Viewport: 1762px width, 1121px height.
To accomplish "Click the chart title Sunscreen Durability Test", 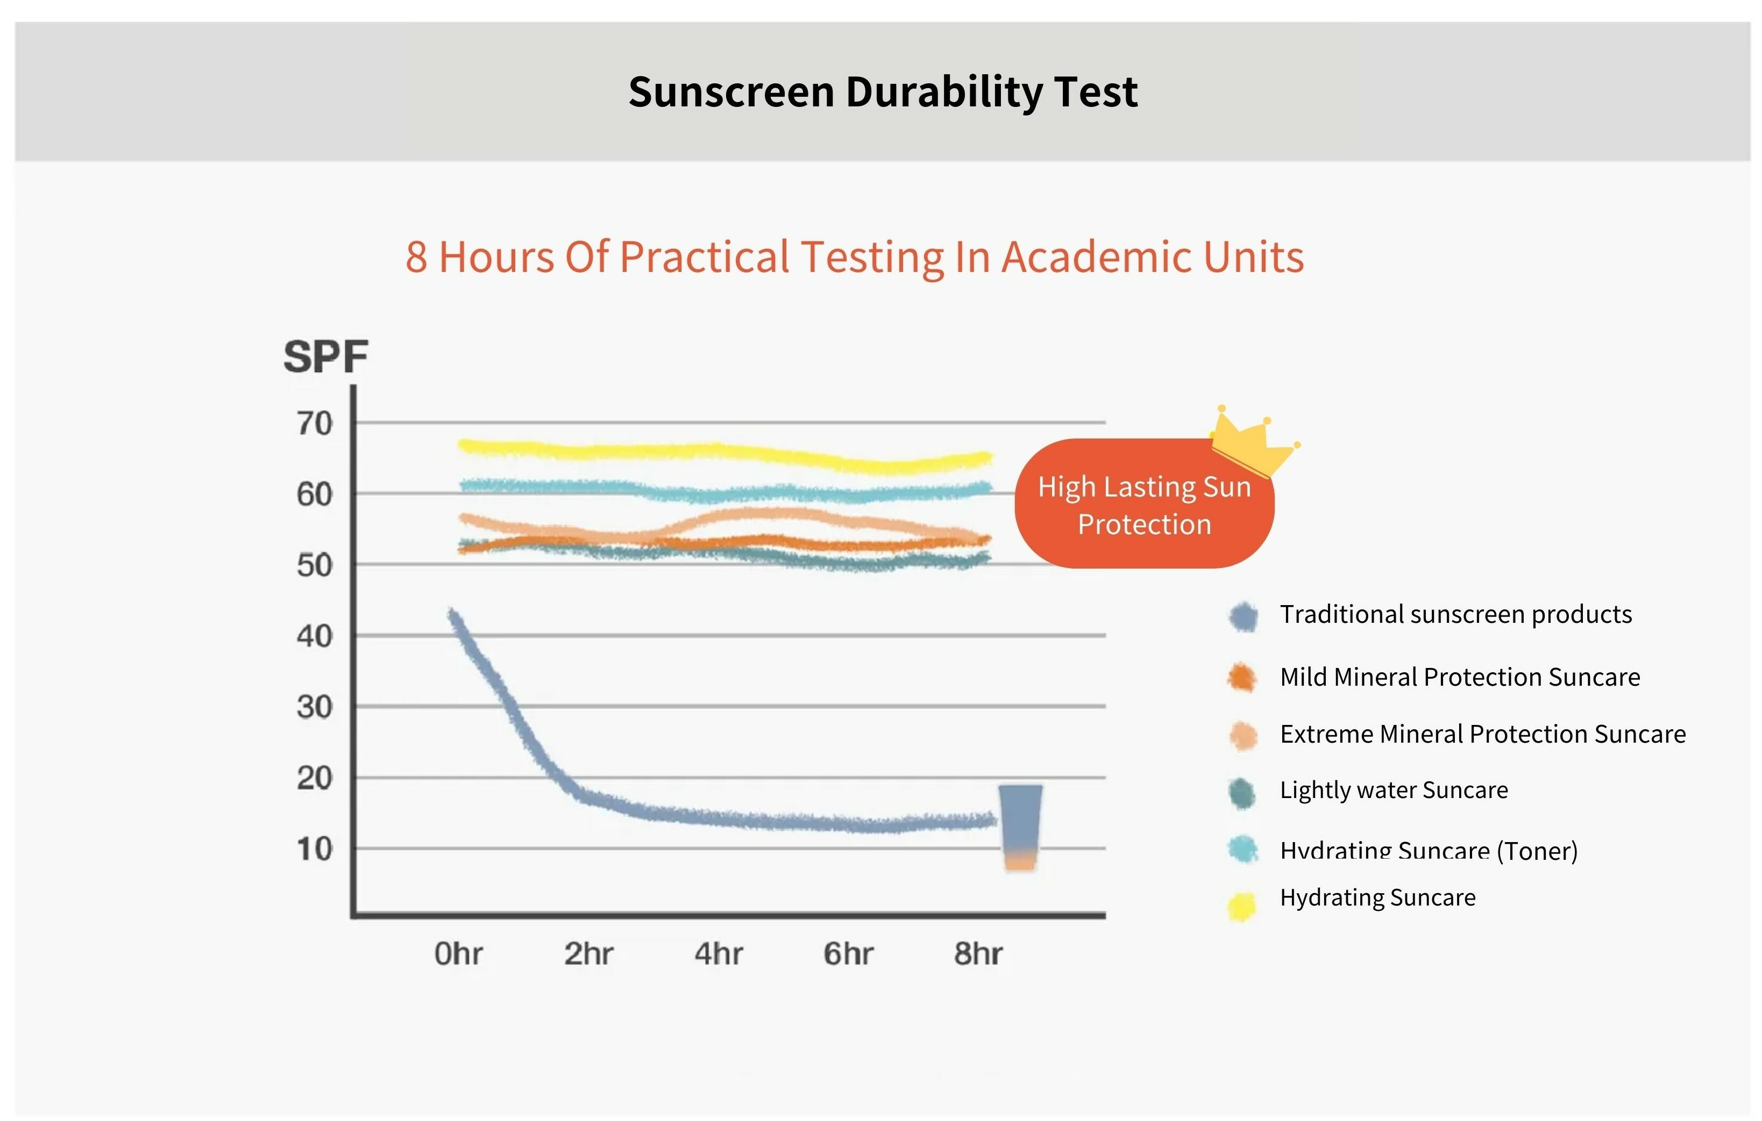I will tap(883, 92).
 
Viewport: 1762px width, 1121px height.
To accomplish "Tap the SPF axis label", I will tap(325, 357).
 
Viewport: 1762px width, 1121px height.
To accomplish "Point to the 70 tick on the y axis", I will tap(315, 423).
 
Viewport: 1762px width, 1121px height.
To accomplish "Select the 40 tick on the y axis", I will tap(315, 636).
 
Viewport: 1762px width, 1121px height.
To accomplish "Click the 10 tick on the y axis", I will tap(315, 849).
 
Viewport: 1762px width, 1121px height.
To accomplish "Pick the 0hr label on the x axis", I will tap(458, 953).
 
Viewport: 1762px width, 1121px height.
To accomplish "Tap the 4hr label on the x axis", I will tap(718, 953).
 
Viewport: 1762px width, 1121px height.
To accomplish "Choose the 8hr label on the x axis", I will tap(978, 953).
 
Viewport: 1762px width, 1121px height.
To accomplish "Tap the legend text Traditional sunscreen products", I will tap(1455, 614).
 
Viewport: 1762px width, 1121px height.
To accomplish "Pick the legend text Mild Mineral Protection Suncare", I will tap(1460, 677).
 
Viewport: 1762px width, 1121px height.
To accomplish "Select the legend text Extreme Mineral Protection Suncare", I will tap(1482, 734).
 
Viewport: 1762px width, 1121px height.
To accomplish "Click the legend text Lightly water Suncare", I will tap(1393, 790).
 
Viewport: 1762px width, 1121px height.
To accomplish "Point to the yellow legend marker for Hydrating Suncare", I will tap(1242, 906).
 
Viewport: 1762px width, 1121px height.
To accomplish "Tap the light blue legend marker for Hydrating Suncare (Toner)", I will tap(1242, 850).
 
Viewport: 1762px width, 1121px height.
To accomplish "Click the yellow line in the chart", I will tap(717, 452).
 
